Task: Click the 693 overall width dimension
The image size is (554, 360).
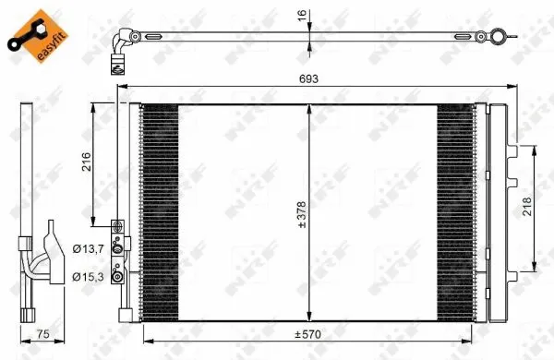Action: (308, 79)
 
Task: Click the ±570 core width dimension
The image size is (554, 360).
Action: (306, 334)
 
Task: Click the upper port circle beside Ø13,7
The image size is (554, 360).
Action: (117, 247)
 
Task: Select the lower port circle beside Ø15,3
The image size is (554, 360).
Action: (117, 275)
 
